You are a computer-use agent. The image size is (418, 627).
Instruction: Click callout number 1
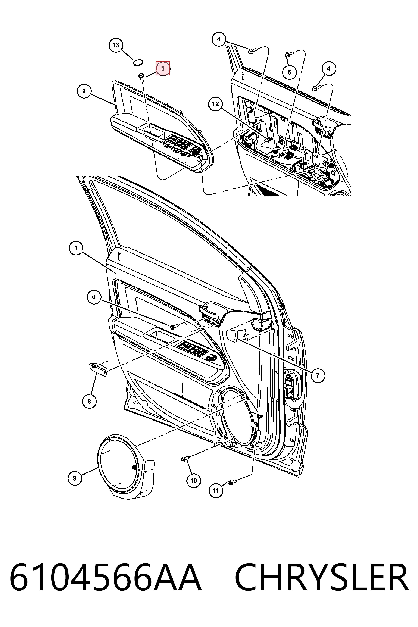[76, 248]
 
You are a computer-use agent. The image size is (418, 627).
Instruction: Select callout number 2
[84, 91]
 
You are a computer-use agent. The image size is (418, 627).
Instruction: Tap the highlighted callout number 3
[163, 68]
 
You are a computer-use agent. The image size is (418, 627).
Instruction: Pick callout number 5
[289, 72]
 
